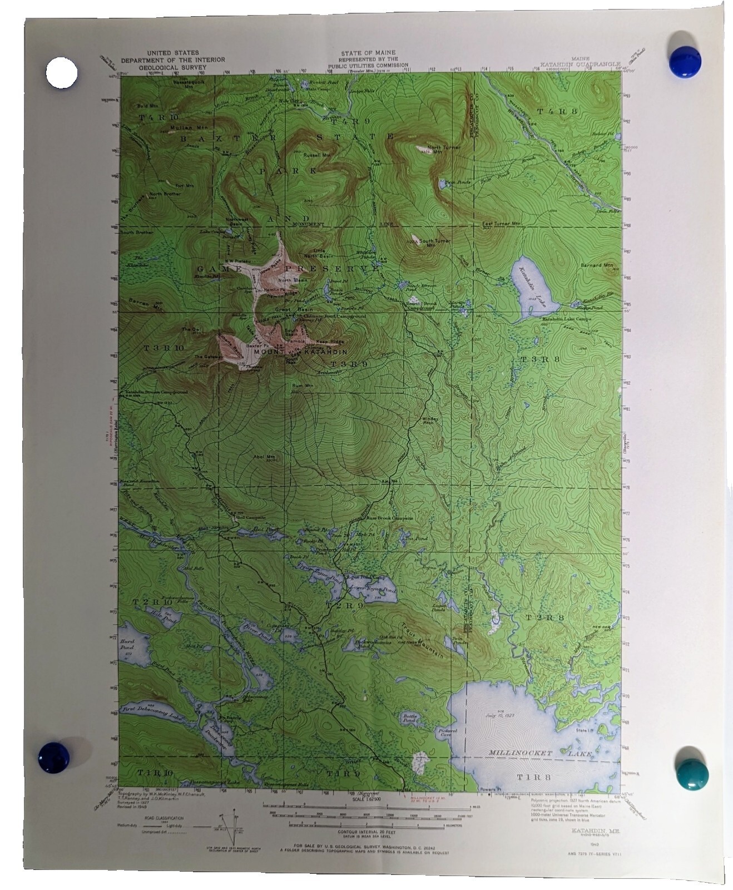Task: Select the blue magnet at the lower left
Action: [54, 757]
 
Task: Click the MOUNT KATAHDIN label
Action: [300, 352]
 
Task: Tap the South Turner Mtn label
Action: [435, 241]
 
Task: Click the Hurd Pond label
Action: [127, 645]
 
